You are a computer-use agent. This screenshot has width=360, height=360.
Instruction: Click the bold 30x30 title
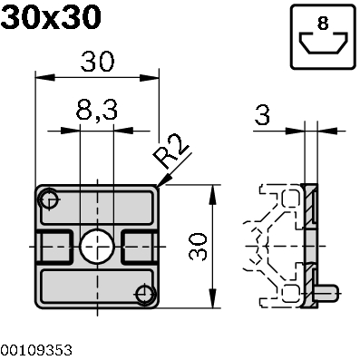click(x=51, y=17)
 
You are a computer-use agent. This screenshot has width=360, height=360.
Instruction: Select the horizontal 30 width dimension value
click(x=97, y=62)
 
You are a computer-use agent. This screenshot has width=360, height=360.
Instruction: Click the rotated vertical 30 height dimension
click(x=199, y=245)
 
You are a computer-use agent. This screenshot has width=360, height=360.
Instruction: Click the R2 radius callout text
click(x=171, y=154)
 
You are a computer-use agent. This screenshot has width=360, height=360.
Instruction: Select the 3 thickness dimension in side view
click(x=263, y=116)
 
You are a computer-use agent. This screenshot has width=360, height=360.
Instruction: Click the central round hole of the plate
click(x=95, y=245)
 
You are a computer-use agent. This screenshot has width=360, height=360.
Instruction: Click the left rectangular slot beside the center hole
click(x=54, y=245)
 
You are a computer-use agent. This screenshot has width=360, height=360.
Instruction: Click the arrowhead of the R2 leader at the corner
click(x=160, y=185)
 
